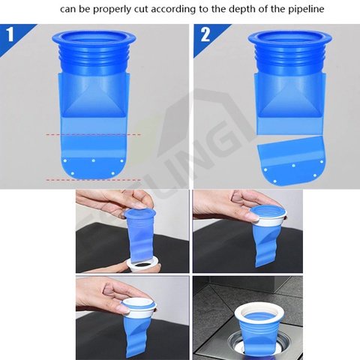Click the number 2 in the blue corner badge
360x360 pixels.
tap(205, 35)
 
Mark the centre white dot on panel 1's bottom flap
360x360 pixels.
tap(93, 160)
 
